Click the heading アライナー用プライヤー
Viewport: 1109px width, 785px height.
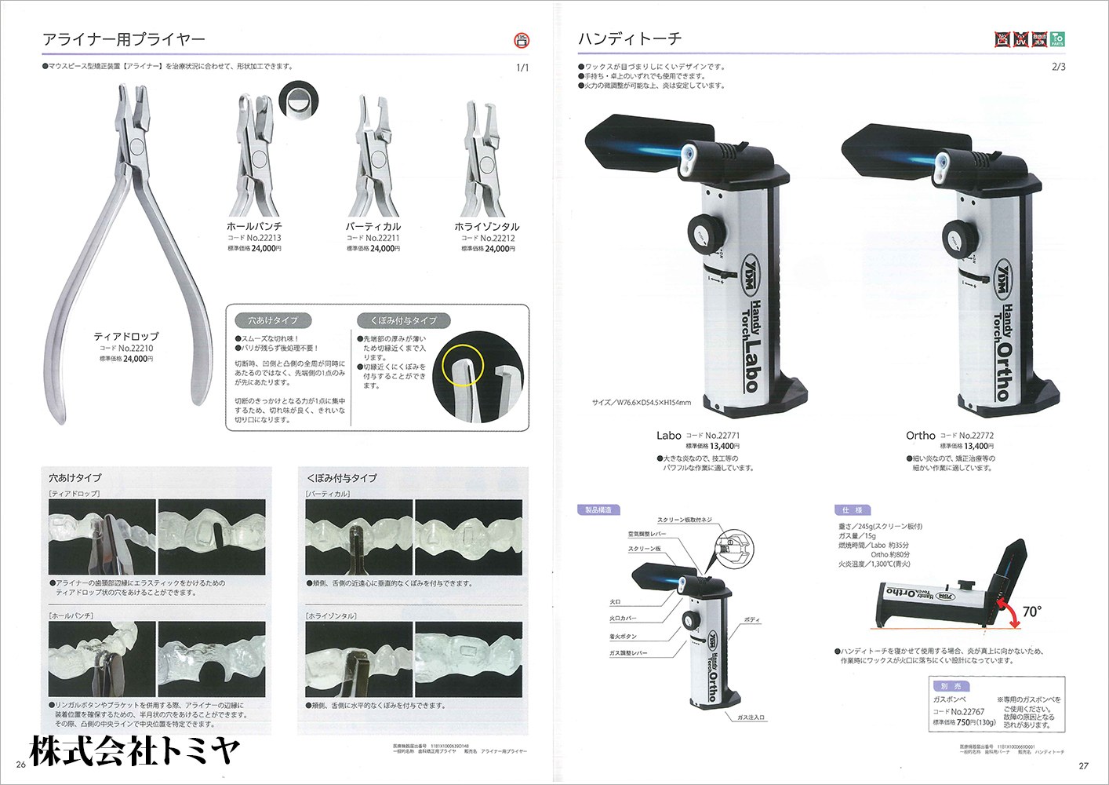124,39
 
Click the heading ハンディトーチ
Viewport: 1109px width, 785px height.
630,38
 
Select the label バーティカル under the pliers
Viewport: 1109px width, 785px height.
373,226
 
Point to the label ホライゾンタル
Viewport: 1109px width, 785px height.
487,226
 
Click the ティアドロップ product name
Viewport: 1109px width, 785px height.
126,336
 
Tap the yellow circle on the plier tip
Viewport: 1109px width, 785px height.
463,366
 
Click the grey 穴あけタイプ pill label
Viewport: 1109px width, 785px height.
273,320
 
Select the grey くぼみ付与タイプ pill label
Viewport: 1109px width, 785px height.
403,320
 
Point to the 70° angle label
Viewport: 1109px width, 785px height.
1032,612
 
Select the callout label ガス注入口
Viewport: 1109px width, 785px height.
751,717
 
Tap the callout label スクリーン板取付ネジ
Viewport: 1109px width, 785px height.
684,520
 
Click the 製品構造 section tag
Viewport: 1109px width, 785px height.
598,510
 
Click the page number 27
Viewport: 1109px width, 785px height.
1083,765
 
